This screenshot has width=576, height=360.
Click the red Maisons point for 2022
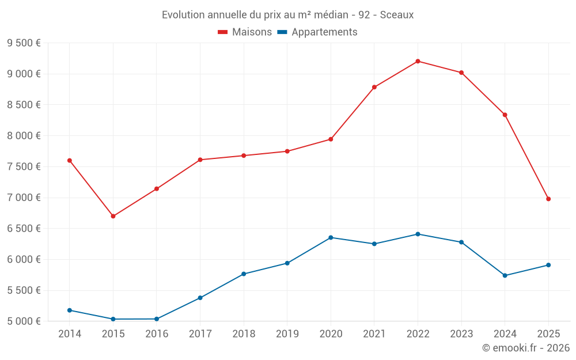coord(418,61)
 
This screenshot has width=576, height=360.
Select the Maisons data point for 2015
coord(113,216)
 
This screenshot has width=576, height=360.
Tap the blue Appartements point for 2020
coord(331,237)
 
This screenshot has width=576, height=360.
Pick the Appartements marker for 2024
coord(505,275)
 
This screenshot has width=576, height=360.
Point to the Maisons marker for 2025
coord(548,199)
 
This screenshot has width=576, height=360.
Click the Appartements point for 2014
coord(70,310)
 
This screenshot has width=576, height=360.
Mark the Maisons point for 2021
coord(374,87)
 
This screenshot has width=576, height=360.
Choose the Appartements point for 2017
coord(200,298)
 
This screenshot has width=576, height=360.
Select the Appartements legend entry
coord(317,32)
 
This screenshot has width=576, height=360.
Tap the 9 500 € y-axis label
coord(24,43)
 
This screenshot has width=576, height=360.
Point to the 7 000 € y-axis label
coord(24,198)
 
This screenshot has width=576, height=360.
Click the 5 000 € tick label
coord(24,321)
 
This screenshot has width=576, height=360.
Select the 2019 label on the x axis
coord(287,334)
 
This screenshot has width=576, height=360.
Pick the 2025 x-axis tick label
coord(548,334)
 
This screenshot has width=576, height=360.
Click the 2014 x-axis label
coord(70,334)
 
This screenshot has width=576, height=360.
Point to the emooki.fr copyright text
coord(526,348)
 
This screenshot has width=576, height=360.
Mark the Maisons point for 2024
coord(505,115)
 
